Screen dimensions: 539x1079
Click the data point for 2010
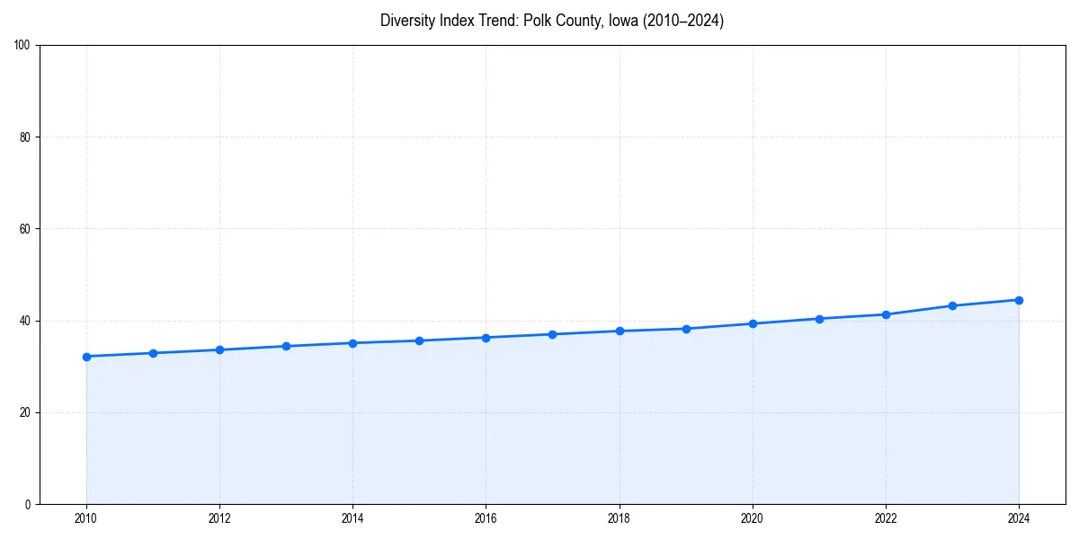[x=86, y=357]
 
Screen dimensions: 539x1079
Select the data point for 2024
[x=1019, y=300]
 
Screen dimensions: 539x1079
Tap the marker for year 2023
[x=952, y=305]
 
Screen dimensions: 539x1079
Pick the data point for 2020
[x=753, y=323]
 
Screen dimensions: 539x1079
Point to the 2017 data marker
[x=553, y=334]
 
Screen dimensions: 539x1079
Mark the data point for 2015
[x=419, y=340]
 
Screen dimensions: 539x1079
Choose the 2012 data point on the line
[x=219, y=349]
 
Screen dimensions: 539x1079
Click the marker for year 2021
[x=819, y=319]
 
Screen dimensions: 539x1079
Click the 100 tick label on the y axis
[x=22, y=46]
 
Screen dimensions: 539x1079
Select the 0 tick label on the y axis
[x=28, y=504]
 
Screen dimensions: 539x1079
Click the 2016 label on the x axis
[x=486, y=518]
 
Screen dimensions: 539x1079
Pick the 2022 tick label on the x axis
[x=886, y=518]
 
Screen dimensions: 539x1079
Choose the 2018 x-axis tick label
[x=619, y=518]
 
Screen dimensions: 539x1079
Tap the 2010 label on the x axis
[x=86, y=518]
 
